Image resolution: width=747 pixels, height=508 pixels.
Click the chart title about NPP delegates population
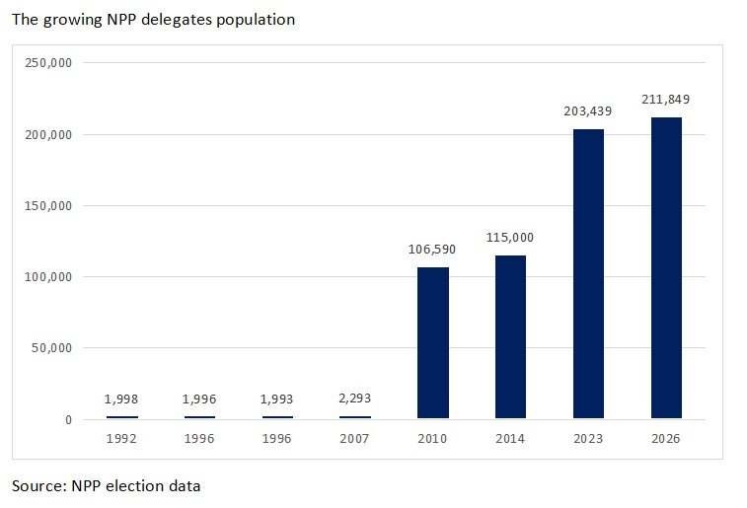point(153,19)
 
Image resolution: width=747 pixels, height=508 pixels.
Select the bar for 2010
point(433,343)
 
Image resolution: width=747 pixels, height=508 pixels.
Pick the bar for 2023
point(588,274)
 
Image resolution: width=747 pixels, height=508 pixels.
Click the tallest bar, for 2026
point(666,268)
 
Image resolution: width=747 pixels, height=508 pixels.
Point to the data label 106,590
point(433,250)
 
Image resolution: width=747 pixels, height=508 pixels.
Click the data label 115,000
point(510,238)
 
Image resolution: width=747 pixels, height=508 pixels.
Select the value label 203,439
point(588,111)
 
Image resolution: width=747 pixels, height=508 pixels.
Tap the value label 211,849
point(666,100)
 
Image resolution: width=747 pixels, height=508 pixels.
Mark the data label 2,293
point(355,399)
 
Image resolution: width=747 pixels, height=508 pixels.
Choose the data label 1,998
point(121,399)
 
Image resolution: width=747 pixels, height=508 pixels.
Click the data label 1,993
point(277,399)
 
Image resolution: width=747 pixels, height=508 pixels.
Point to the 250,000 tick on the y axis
point(47,63)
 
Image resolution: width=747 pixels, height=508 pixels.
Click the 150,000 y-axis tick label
point(47,206)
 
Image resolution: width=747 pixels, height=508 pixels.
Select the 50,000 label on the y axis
point(51,348)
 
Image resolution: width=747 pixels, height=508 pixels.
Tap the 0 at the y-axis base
point(68,420)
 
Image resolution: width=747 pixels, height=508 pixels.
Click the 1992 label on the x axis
point(121,438)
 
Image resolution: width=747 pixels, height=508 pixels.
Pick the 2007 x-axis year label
point(355,438)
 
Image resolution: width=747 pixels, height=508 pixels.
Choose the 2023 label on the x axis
point(588,438)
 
